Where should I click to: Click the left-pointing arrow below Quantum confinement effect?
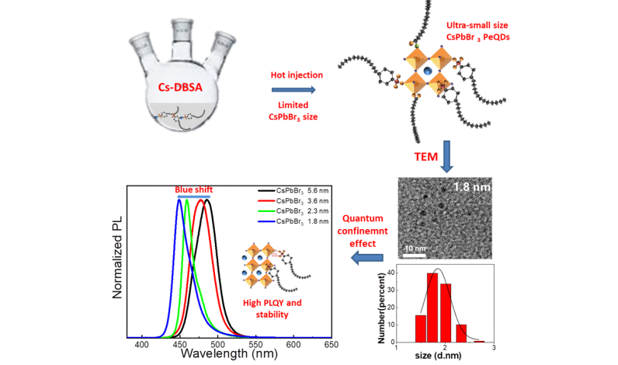(366, 257)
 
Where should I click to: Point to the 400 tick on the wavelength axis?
(142, 344)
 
